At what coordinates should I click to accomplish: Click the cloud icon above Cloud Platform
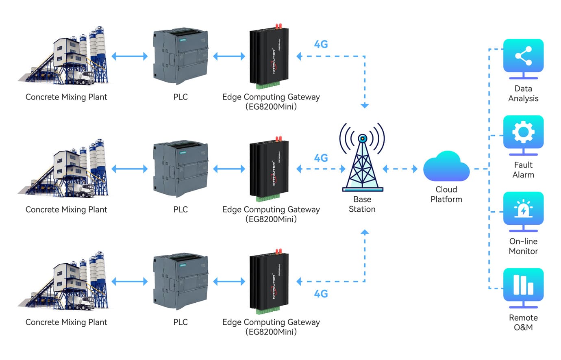tap(446, 167)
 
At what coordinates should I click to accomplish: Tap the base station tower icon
tap(362, 158)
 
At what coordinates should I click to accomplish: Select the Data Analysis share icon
tap(523, 56)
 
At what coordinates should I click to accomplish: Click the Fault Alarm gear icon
tap(523, 132)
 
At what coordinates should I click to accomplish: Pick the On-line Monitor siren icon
tap(523, 209)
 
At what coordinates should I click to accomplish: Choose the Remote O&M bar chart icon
tap(523, 285)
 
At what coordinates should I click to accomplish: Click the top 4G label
tap(321, 44)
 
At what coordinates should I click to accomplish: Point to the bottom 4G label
tap(321, 294)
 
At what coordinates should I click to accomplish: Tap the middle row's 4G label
tap(321, 158)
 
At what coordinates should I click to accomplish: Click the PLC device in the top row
tap(180, 57)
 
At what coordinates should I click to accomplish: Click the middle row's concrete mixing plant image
tap(65, 169)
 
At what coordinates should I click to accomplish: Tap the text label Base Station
tap(362, 204)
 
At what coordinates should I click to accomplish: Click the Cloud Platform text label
tap(446, 195)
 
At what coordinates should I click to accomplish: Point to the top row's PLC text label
tap(180, 97)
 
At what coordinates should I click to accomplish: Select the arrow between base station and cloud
tap(400, 169)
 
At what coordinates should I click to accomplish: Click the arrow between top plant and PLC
tap(130, 56)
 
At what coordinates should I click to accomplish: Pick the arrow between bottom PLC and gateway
tap(229, 281)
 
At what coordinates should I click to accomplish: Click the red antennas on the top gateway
tap(278, 26)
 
